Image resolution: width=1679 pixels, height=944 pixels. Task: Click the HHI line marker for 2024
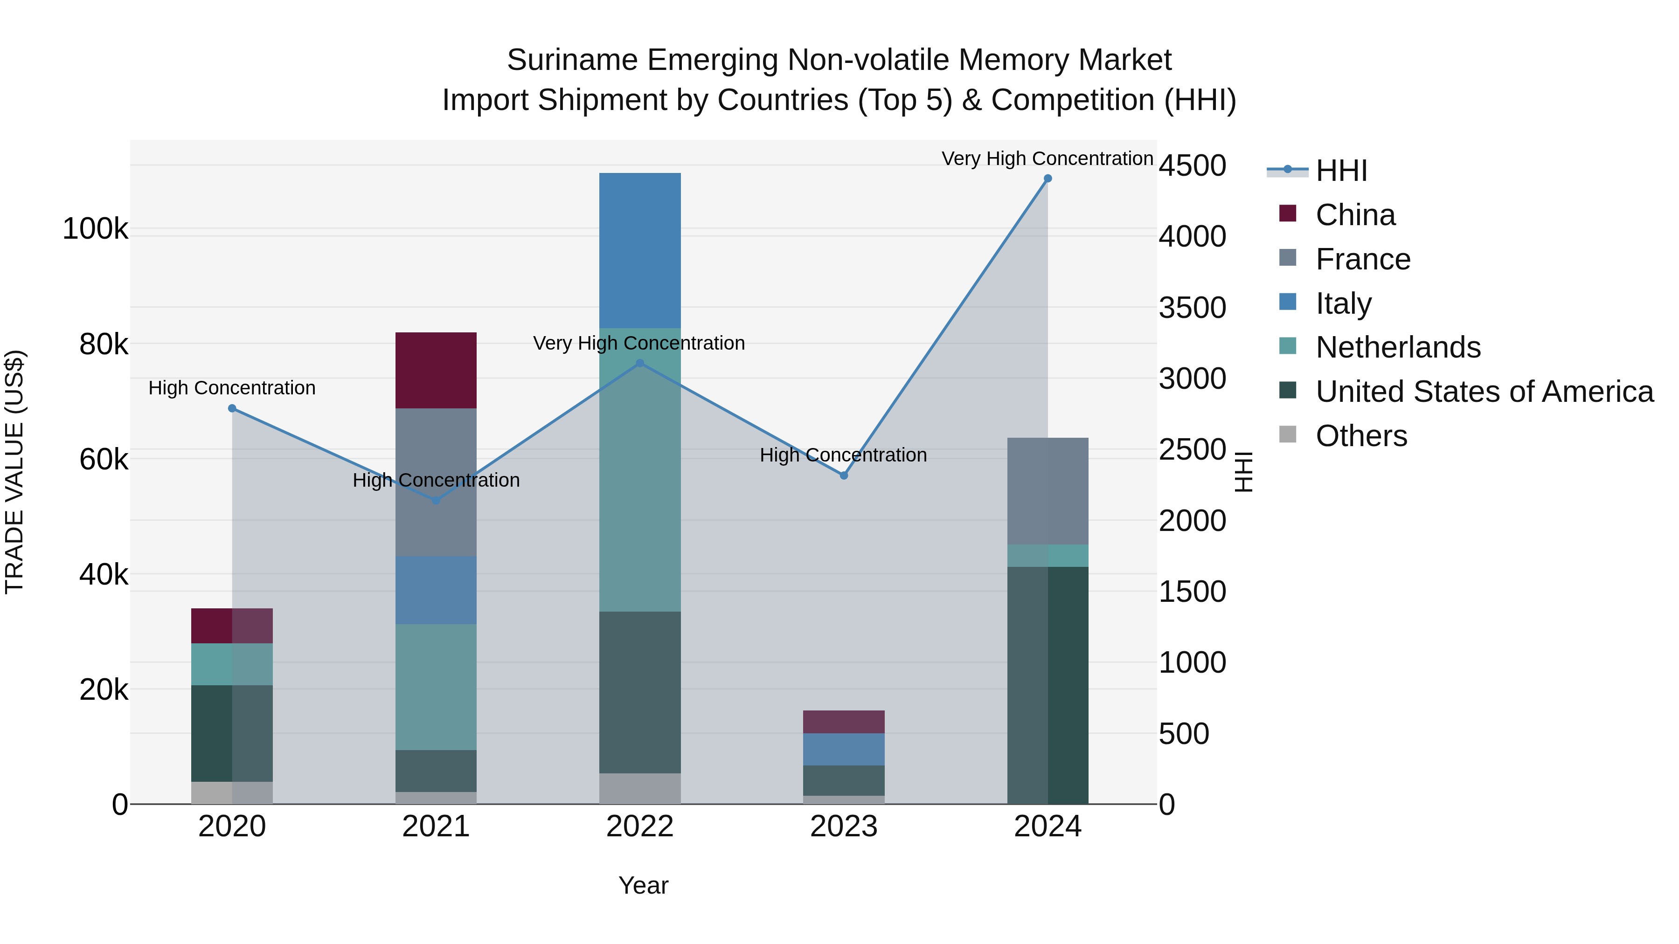point(1048,179)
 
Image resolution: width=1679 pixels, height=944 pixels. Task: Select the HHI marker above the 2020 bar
point(232,408)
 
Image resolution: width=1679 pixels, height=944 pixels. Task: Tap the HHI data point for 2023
point(843,475)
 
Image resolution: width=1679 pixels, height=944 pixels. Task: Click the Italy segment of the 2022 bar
point(639,251)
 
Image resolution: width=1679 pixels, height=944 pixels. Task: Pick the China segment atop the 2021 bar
point(436,370)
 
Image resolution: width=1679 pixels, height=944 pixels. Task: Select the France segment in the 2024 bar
point(1048,491)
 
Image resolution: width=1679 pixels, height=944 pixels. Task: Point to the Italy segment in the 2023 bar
point(843,749)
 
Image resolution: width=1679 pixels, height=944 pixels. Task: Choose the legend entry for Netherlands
point(1397,347)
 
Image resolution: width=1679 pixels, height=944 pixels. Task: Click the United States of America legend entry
point(1484,392)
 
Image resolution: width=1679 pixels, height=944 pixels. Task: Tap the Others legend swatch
point(1288,434)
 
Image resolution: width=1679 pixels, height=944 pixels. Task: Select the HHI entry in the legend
point(1341,171)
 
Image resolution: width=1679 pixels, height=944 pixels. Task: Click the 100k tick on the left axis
point(95,229)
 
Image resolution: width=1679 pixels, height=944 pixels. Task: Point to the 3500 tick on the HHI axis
point(1192,308)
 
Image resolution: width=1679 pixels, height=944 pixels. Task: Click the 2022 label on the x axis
point(639,827)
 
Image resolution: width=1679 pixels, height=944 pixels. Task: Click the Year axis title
point(643,885)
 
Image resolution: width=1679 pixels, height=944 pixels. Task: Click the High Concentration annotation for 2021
point(436,480)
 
